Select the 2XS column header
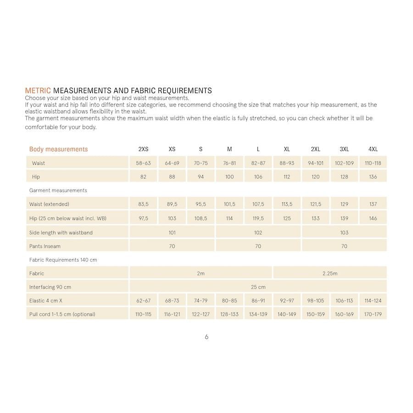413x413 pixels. coord(143,149)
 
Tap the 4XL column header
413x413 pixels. coord(373,149)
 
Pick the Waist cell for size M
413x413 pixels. coord(229,163)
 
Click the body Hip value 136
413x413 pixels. coord(373,177)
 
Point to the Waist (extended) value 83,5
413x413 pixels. coord(143,204)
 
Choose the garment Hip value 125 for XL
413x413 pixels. coord(287,218)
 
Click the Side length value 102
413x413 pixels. coord(258,233)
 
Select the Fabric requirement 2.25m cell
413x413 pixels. coord(329,273)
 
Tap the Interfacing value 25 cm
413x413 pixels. coord(258,287)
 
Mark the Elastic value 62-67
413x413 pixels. coord(143,301)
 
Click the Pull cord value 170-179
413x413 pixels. coord(373,315)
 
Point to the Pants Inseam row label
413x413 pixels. coord(45,246)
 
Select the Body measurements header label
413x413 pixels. coord(58,149)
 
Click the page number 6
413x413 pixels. coord(206,337)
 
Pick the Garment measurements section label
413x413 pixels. coord(58,190)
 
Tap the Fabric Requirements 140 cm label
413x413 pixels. coord(63,260)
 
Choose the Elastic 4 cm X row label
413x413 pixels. coord(46,301)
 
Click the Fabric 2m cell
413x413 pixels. coord(201,273)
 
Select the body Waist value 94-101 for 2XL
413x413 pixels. coord(315,163)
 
